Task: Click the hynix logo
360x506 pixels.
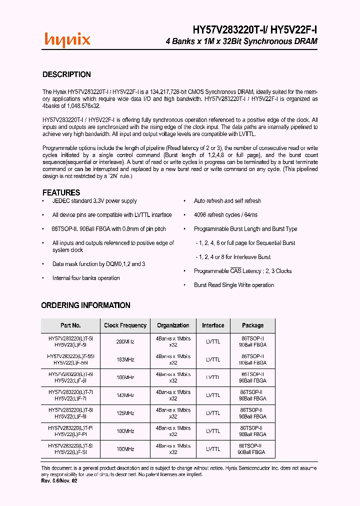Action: pyautogui.click(x=67, y=39)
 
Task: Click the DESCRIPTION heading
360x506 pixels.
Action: pyautogui.click(x=66, y=74)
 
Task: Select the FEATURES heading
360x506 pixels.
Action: pyautogui.click(x=61, y=192)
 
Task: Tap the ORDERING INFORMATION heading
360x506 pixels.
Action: pyautogui.click(x=85, y=305)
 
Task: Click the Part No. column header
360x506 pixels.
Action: pyautogui.click(x=70, y=325)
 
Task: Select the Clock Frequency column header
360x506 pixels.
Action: pyautogui.click(x=125, y=325)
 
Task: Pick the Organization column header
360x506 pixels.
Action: pyautogui.click(x=173, y=325)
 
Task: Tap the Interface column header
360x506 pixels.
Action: pyautogui.click(x=213, y=325)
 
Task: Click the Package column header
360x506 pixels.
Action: pyautogui.click(x=252, y=325)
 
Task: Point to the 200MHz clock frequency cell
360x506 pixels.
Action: pyautogui.click(x=125, y=342)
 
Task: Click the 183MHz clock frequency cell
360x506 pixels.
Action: pyautogui.click(x=125, y=359)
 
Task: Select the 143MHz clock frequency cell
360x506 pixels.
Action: pyautogui.click(x=125, y=395)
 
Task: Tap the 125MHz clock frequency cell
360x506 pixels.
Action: pyautogui.click(x=125, y=413)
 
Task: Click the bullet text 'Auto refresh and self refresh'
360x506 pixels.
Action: pyautogui.click(x=227, y=201)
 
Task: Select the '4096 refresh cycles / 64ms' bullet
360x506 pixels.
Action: pyautogui.click(x=225, y=215)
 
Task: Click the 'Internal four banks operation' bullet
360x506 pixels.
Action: pyautogui.click(x=86, y=278)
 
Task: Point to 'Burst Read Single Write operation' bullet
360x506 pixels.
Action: pyautogui.click(x=234, y=285)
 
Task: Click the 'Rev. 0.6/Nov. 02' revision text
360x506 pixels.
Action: pyautogui.click(x=59, y=480)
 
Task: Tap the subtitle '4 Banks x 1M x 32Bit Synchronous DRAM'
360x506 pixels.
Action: pyautogui.click(x=241, y=41)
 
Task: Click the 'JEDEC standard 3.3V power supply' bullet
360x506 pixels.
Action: pyautogui.click(x=94, y=201)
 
